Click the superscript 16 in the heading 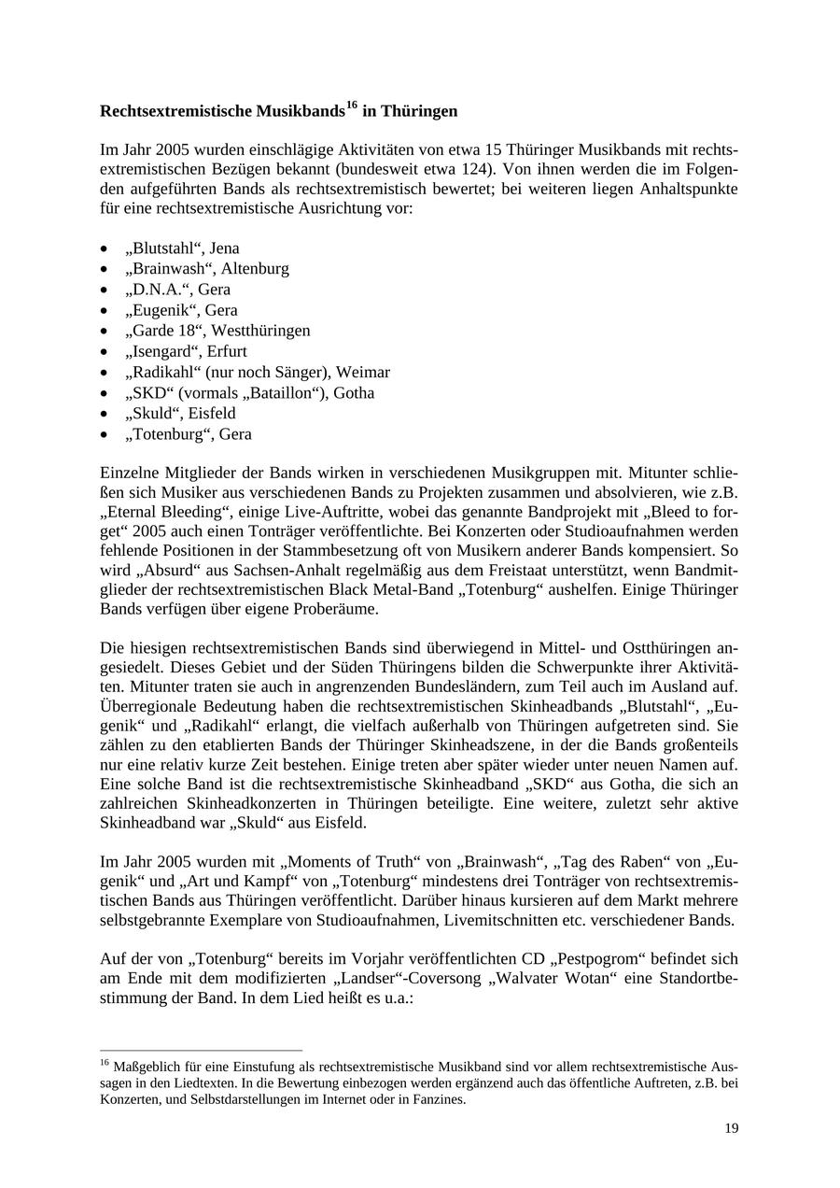tap(352, 106)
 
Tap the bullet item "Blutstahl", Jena tap(182, 248)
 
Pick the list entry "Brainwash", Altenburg tap(206, 269)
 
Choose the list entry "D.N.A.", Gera tap(177, 290)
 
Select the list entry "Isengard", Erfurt tap(186, 351)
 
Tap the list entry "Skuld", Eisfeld tap(180, 413)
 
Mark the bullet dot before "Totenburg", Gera tap(104, 435)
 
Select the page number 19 tap(731, 1129)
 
